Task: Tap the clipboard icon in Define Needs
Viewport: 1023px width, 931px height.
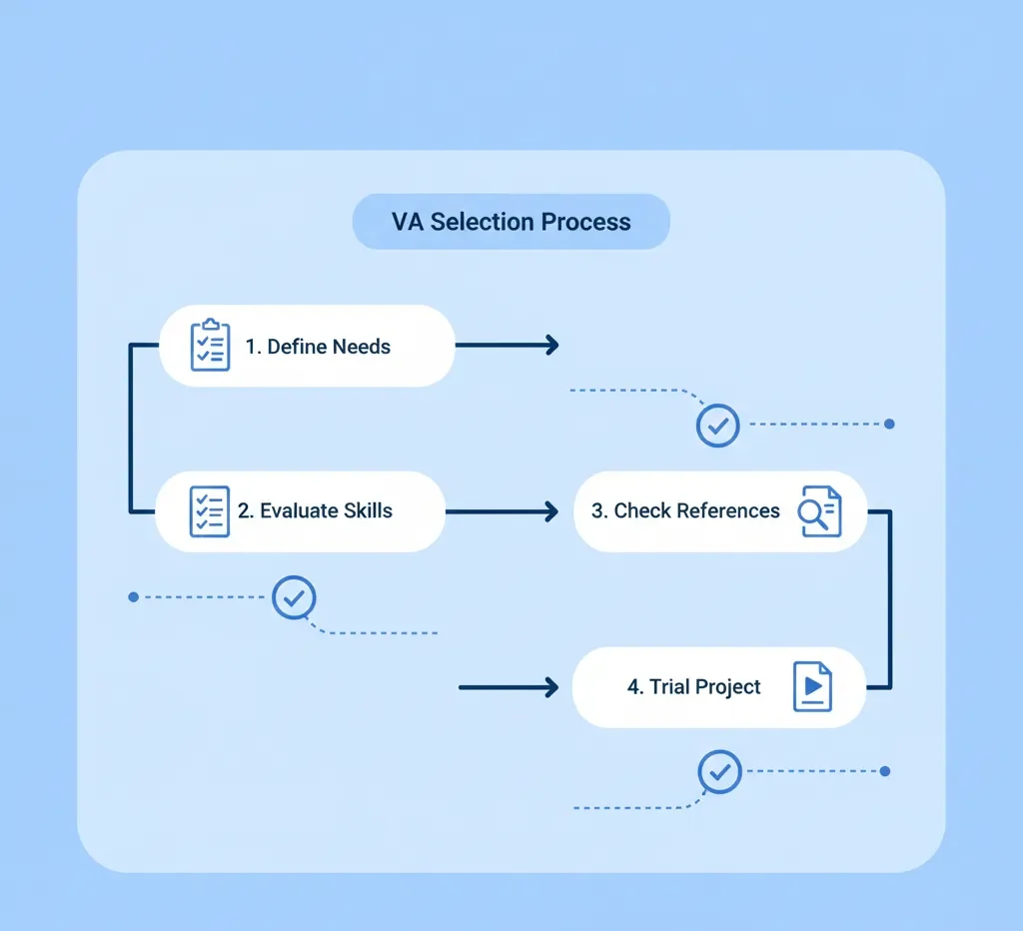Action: pos(210,346)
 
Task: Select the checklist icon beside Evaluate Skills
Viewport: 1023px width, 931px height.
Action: pos(209,511)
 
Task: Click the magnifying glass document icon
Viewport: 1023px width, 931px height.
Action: pos(819,511)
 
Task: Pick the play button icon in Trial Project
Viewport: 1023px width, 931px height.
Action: pos(812,686)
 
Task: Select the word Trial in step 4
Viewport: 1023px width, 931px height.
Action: pos(671,687)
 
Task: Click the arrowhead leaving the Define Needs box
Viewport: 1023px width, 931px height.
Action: pos(549,346)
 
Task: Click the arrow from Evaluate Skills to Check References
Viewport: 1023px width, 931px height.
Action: pos(500,511)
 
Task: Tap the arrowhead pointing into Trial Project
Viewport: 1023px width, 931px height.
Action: pos(548,687)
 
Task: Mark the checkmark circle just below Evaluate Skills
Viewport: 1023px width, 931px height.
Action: pos(294,597)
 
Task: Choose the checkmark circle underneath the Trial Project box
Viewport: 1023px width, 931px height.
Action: pos(719,771)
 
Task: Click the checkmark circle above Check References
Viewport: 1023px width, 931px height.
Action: pos(717,425)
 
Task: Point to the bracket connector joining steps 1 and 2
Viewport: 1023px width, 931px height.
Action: pos(131,430)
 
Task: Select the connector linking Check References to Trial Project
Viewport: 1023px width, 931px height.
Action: pos(889,599)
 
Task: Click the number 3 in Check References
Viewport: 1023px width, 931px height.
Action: pos(597,511)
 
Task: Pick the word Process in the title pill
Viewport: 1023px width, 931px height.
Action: pos(585,222)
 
